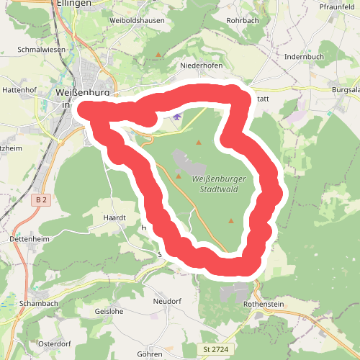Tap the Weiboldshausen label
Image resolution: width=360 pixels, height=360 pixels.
coord(137,20)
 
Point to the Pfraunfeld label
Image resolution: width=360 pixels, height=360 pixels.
coord(338,6)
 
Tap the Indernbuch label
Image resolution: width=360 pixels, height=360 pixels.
coord(304,55)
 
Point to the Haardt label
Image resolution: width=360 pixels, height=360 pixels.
coord(115,217)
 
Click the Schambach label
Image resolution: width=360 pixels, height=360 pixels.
coord(40,304)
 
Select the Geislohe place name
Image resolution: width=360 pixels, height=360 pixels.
coord(109,312)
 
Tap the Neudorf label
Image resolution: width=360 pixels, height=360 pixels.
coord(167,300)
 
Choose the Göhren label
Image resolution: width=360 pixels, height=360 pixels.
coord(149,355)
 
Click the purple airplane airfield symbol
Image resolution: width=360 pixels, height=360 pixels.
coord(178,116)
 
